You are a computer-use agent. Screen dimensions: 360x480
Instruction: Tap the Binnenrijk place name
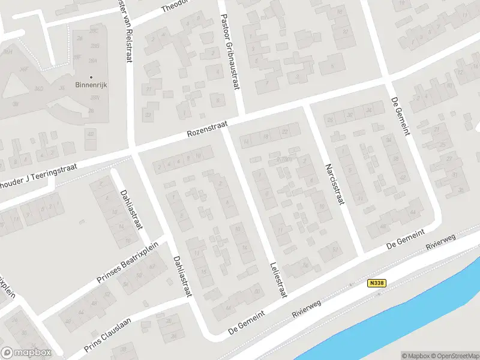(x=91, y=85)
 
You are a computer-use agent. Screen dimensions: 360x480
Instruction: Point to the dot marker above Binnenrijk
(x=91, y=77)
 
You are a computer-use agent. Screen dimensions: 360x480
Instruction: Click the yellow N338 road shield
(x=376, y=282)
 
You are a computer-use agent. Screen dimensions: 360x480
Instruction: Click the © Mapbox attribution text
(x=416, y=355)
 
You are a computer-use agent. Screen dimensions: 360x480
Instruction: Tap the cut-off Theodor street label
(x=175, y=6)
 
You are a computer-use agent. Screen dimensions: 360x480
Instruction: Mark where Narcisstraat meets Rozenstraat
(x=307, y=103)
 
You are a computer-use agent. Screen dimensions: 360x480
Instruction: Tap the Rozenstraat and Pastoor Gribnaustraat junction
(x=241, y=116)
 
